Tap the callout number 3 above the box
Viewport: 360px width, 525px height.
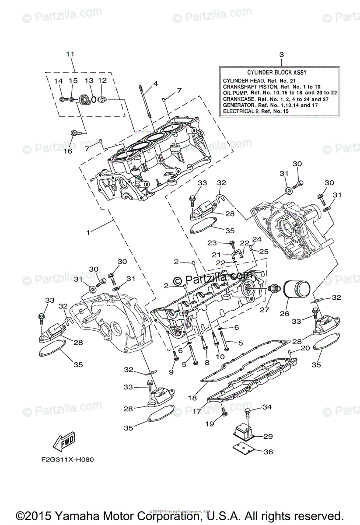(x=281, y=55)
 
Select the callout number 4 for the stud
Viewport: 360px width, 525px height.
(x=155, y=83)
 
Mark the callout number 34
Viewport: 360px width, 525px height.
(x=267, y=408)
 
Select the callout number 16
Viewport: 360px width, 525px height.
(x=67, y=151)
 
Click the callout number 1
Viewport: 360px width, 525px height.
(x=88, y=233)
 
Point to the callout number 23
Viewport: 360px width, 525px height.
(x=212, y=243)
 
